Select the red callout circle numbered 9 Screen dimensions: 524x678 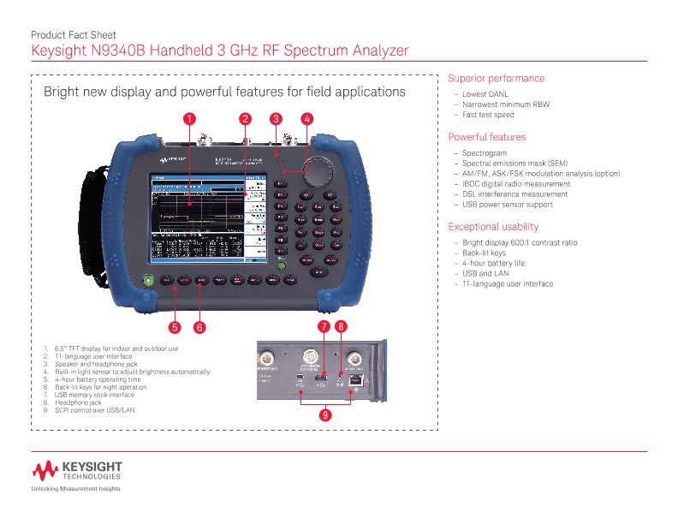click(x=324, y=415)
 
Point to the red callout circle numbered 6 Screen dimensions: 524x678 click(x=199, y=326)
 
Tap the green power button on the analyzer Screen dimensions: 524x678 click(x=147, y=279)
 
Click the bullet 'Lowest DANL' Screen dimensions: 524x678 click(x=486, y=94)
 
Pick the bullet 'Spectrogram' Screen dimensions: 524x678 click(x=485, y=153)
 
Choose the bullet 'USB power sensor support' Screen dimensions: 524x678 click(x=508, y=205)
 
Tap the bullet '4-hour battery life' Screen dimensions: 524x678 click(x=494, y=263)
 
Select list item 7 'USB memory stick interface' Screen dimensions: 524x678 click(x=94, y=395)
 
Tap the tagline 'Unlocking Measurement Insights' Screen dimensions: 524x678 click(x=75, y=489)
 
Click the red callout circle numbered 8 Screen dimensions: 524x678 click(x=342, y=326)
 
